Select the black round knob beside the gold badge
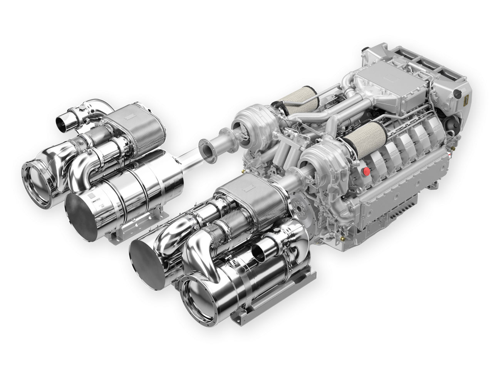point(458,93)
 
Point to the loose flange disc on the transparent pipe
point(207,150)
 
